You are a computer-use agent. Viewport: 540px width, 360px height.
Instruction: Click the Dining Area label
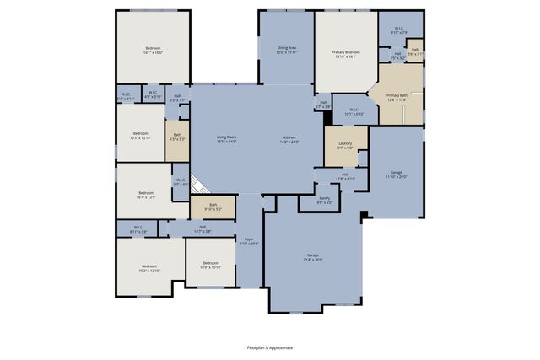pos(286,50)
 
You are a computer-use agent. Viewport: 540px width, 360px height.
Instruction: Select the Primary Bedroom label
pos(345,54)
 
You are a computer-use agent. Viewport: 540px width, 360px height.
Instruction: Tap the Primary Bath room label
pos(397,98)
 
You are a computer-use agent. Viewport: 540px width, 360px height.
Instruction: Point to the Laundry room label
pos(345,146)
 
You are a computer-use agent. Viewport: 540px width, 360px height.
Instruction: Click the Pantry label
pos(324,201)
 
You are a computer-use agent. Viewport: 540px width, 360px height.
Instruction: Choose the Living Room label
pos(226,139)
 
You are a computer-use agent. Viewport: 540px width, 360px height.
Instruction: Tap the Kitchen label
pos(289,139)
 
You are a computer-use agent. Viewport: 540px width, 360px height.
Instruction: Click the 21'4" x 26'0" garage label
pos(313,257)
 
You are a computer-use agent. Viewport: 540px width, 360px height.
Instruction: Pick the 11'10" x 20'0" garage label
pos(397,175)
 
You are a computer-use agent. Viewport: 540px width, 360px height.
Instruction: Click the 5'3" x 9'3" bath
pos(177,137)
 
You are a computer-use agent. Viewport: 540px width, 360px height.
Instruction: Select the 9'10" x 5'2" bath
pos(213,207)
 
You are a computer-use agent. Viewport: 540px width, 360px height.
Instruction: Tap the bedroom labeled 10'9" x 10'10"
pos(211,265)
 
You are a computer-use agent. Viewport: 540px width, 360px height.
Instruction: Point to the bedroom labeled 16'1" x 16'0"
pos(153,51)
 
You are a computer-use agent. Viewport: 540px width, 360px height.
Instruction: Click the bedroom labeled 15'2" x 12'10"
pos(148,269)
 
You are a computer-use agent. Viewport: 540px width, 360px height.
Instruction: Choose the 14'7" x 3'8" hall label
pos(202,228)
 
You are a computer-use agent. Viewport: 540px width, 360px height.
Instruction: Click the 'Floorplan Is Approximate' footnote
pos(270,347)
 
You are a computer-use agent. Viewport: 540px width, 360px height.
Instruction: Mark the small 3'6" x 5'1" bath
pos(415,51)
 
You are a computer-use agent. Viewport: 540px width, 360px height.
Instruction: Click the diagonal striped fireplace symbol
pos(198,185)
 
